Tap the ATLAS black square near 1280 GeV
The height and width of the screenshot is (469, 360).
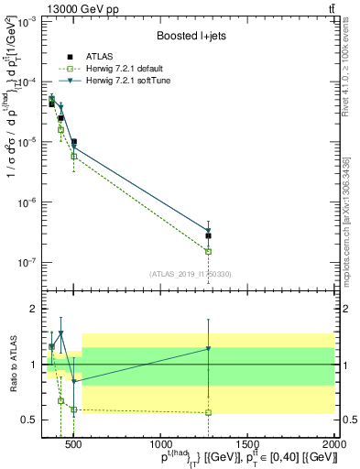209,235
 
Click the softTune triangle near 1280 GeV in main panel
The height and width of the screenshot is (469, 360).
209,231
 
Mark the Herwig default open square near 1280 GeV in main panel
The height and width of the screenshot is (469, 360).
209,251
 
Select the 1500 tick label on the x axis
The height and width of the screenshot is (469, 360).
247,446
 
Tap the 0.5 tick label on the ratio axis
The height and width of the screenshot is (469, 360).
27,420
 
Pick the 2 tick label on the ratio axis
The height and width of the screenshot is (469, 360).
32,309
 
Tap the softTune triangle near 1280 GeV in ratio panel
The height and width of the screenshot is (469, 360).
209,349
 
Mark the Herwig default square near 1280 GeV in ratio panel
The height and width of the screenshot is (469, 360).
209,412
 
